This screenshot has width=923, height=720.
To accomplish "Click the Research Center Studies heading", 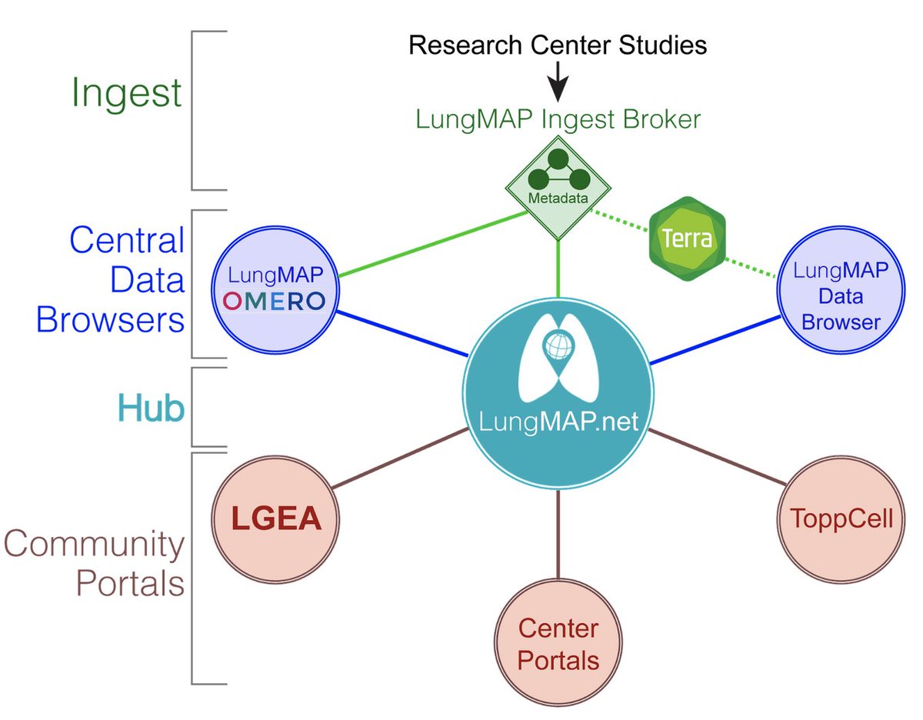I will click(x=558, y=45).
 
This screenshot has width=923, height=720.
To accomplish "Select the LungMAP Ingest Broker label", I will click(x=558, y=119).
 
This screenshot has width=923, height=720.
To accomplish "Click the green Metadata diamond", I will click(x=558, y=185).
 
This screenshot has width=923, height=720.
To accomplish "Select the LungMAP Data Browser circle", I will click(x=840, y=295).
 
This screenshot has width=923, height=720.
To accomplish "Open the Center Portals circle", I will click(x=558, y=645).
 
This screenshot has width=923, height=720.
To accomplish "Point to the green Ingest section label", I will click(x=127, y=93).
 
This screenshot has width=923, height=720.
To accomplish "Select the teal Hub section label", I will click(x=152, y=408).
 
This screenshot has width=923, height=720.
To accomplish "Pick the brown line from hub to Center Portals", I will click(x=558, y=538).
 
